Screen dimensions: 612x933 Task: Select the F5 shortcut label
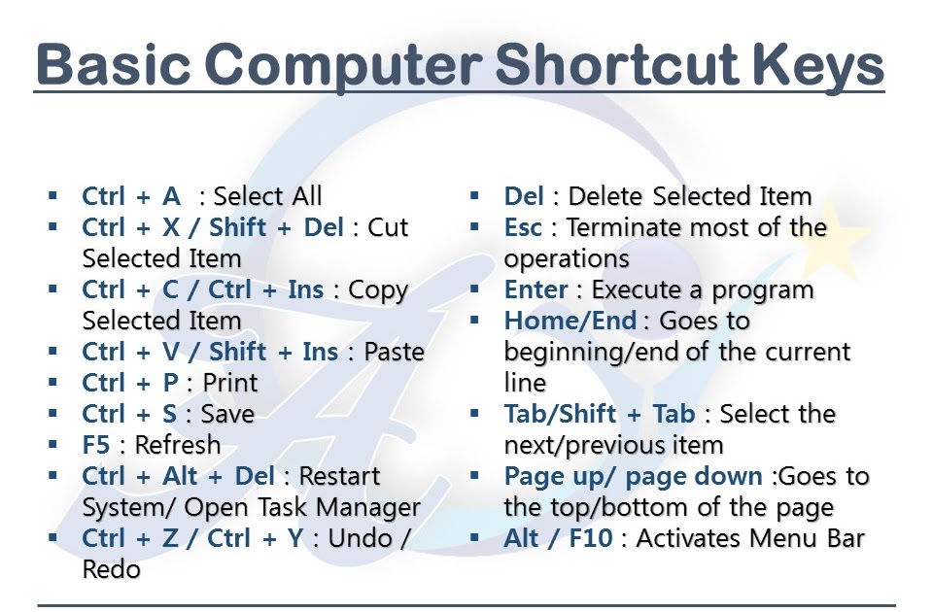tap(96, 445)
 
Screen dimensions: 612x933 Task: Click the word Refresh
tap(178, 445)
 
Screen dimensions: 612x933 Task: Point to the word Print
tap(230, 383)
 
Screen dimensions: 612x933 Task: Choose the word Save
tap(227, 414)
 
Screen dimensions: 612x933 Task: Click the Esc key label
tap(523, 227)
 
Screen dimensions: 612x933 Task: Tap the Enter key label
tap(536, 289)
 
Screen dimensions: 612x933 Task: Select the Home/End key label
tap(570, 321)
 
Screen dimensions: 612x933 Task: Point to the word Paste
tap(394, 352)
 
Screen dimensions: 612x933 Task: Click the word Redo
tap(111, 569)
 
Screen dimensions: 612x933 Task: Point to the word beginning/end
tap(592, 352)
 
